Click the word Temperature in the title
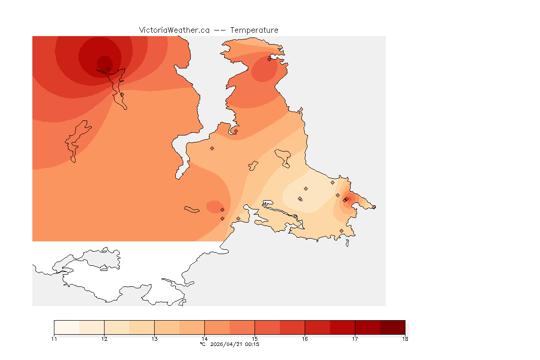(254, 30)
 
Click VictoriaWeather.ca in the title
(174, 30)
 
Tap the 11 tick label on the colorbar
(54, 339)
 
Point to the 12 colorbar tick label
(104, 339)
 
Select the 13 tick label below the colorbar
(154, 339)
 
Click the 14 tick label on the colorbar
(204, 339)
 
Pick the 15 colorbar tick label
(255, 339)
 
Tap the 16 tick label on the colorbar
(305, 339)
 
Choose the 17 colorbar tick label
(355, 339)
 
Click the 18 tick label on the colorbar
(405, 339)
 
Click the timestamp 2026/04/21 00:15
(233, 345)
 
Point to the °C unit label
(202, 345)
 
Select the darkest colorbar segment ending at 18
(392, 327)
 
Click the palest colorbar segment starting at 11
(67, 327)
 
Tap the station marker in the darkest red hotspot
(108, 68)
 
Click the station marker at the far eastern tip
(374, 207)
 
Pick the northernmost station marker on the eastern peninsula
(270, 59)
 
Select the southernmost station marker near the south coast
(341, 231)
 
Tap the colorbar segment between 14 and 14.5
(217, 327)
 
